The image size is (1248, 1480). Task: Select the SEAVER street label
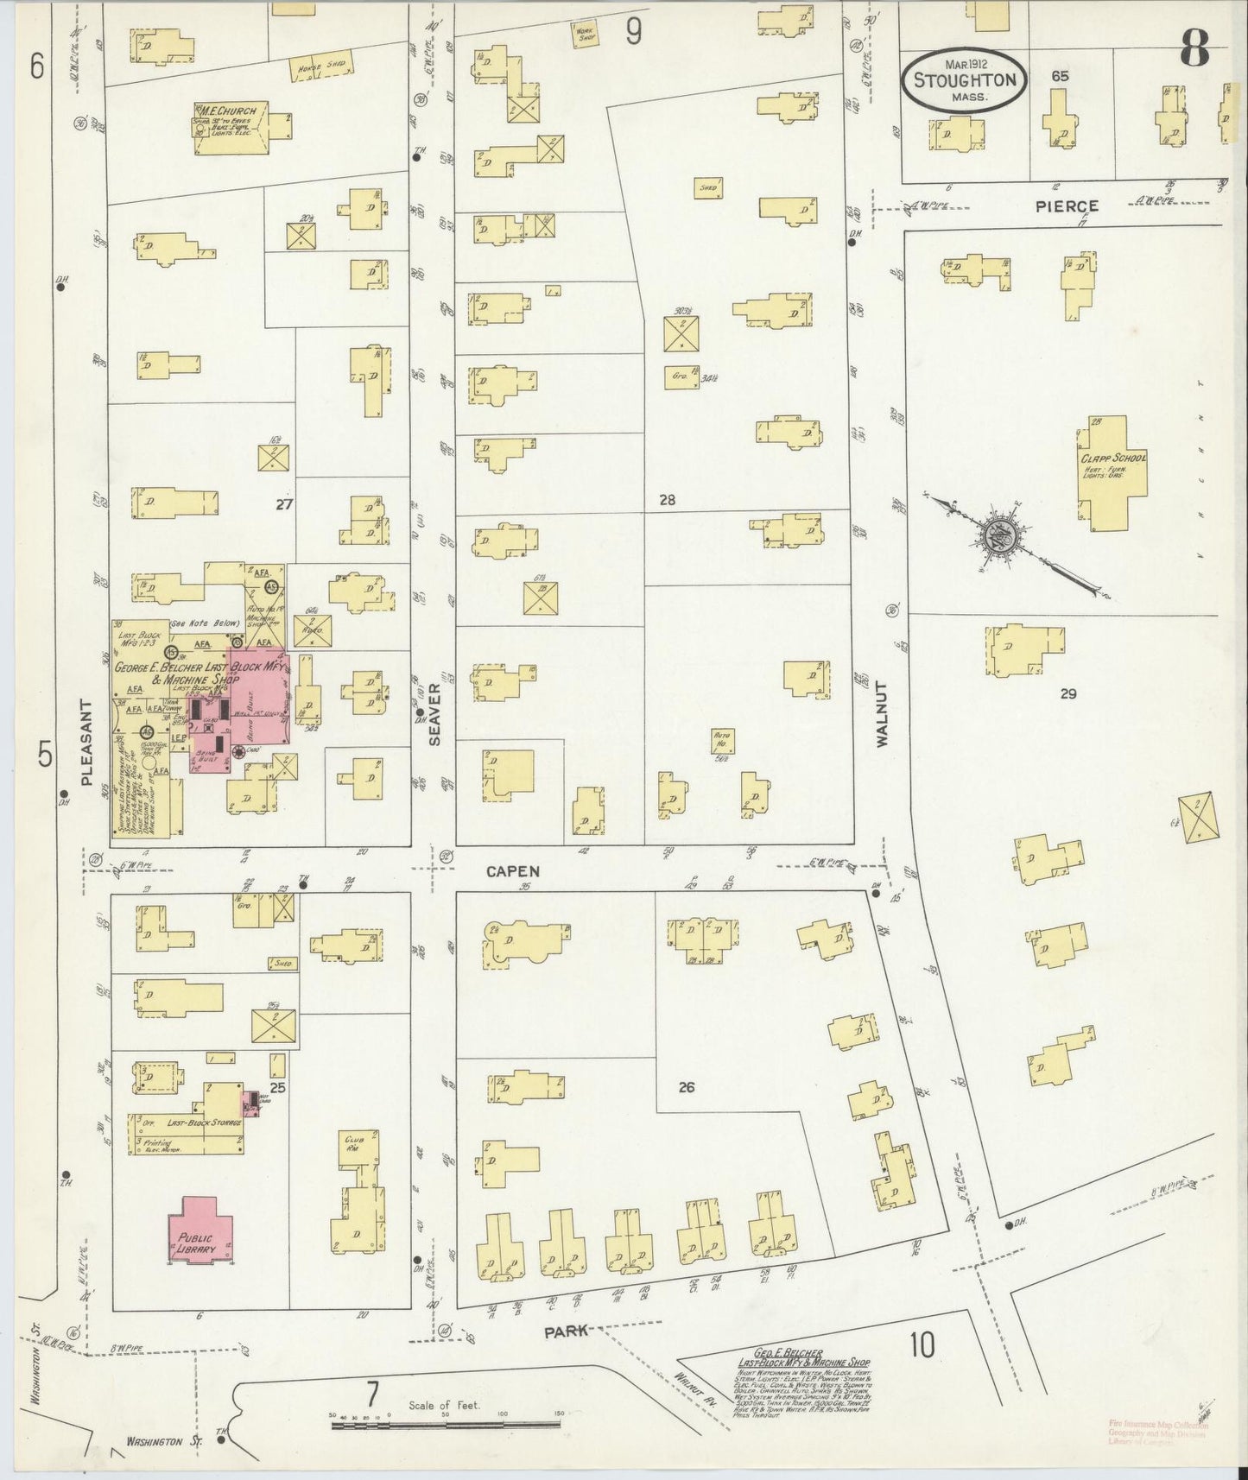[x=434, y=714]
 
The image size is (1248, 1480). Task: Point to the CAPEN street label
[x=512, y=871]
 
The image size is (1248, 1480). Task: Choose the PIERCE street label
[x=1068, y=206]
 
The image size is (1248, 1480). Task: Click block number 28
[x=666, y=499]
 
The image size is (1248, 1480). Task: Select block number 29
[x=1068, y=693]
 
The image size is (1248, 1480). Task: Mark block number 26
[x=686, y=1087]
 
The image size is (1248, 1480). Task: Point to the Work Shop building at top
[x=586, y=34]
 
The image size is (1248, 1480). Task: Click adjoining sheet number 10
[x=922, y=1369]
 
